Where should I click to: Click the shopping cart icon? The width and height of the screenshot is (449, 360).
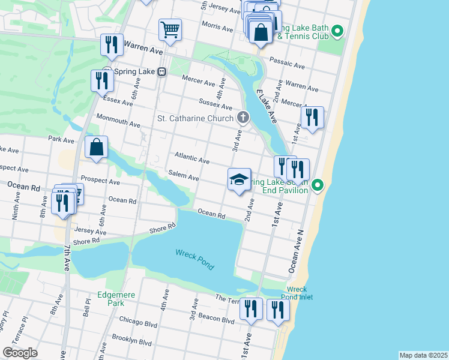[x=170, y=29]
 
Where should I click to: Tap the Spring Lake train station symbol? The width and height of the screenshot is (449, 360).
[x=161, y=71]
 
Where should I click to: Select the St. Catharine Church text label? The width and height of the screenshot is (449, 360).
[x=194, y=118]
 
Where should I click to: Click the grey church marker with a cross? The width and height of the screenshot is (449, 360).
[x=243, y=117]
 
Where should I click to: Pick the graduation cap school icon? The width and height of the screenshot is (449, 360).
[x=239, y=179]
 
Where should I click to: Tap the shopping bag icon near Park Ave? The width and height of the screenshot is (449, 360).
[x=96, y=147]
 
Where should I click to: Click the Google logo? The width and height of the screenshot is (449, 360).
[x=20, y=353]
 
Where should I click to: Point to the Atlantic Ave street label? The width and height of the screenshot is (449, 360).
[x=191, y=158]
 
